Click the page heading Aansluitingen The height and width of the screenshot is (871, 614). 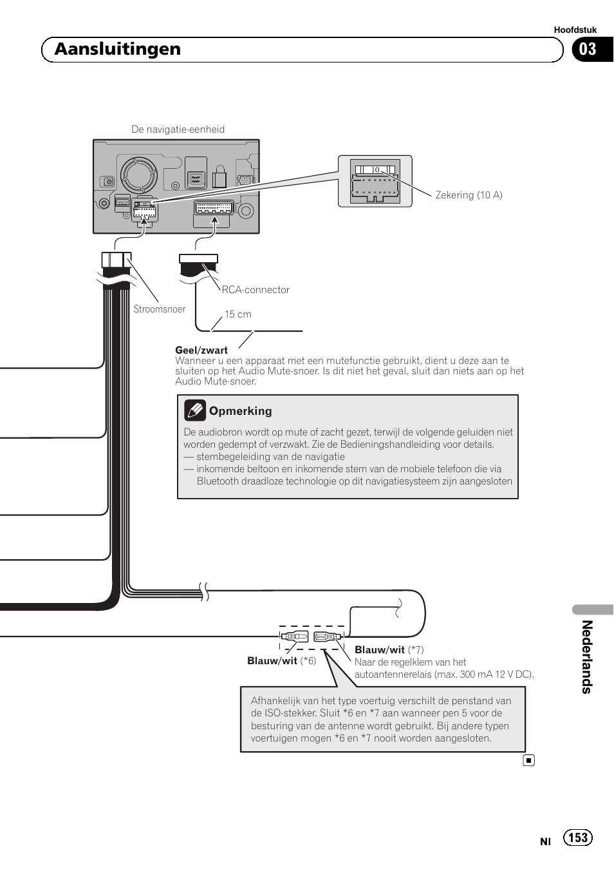click(118, 50)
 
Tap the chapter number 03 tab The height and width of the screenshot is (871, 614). click(588, 50)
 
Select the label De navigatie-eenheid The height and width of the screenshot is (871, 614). click(178, 129)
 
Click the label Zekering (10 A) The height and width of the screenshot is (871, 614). click(469, 195)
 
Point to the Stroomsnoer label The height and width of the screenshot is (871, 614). click(159, 309)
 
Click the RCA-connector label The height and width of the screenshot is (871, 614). click(256, 290)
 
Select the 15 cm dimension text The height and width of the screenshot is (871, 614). click(237, 314)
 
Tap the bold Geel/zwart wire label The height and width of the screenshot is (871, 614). click(201, 350)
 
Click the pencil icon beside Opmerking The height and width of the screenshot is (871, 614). click(194, 410)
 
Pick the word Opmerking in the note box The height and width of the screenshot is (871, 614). click(240, 411)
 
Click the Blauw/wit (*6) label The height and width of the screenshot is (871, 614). click(281, 661)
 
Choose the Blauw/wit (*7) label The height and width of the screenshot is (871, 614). click(389, 650)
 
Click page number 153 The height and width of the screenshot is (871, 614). click(577, 837)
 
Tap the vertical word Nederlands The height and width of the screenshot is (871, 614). click(586, 656)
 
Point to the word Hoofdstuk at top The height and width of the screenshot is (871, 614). click(575, 30)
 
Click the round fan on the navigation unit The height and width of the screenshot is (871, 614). click(139, 174)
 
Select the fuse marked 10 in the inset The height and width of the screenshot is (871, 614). click(375, 170)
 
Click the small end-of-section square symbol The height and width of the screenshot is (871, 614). click(528, 760)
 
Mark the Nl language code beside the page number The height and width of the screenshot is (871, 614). click(545, 841)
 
